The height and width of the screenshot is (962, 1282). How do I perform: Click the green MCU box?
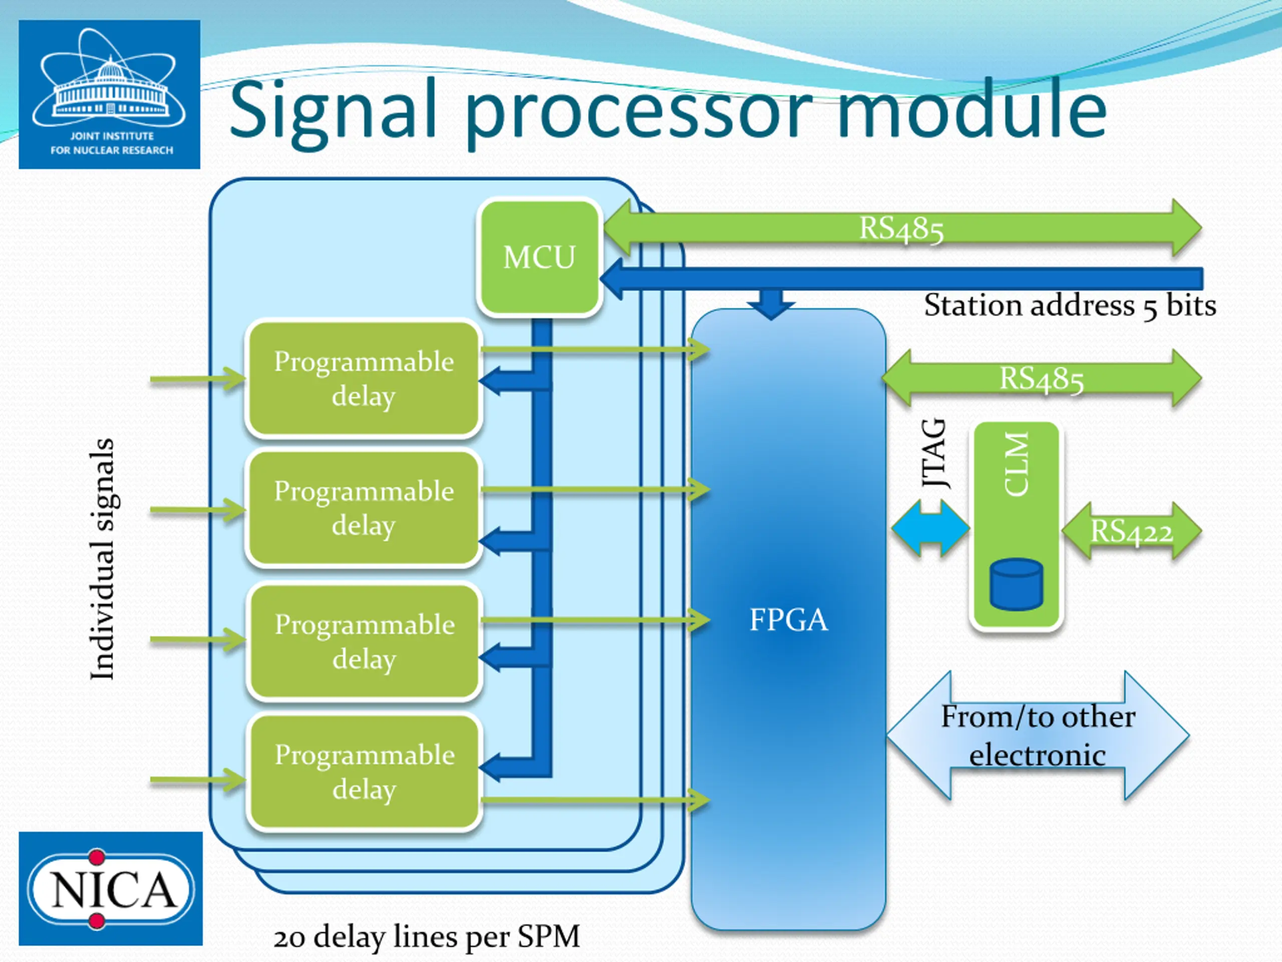(539, 258)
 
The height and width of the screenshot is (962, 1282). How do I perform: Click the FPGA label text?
(788, 620)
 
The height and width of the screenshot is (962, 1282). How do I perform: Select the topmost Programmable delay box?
(364, 378)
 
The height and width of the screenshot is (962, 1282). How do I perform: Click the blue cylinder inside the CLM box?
(1017, 584)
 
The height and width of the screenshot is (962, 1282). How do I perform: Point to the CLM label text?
(1016, 464)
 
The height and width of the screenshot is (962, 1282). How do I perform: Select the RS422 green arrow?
(1131, 531)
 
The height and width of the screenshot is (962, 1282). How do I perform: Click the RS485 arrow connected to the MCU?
(902, 228)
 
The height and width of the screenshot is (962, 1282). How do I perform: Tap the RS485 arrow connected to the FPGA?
(1042, 379)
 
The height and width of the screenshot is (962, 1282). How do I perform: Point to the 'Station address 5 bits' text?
(1070, 306)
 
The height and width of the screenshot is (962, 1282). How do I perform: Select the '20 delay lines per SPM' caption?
(427, 936)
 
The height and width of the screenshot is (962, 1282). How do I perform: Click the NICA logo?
(111, 888)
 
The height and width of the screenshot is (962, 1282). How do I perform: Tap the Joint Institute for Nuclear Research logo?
(110, 95)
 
